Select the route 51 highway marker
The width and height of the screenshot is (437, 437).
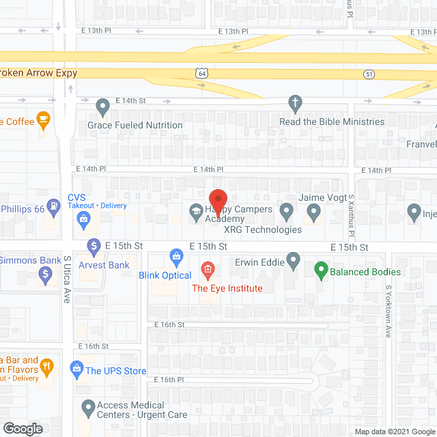(x=369, y=74)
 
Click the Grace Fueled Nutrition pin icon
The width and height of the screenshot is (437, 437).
(x=102, y=107)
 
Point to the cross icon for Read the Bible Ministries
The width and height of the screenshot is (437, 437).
(x=295, y=104)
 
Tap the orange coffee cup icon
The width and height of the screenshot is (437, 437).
(x=44, y=121)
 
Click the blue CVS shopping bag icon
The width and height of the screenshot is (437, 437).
(x=83, y=219)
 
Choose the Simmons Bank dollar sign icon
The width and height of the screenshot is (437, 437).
(x=46, y=275)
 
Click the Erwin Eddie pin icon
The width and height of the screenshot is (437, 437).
(x=294, y=259)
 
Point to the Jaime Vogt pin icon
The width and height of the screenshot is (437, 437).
(x=313, y=213)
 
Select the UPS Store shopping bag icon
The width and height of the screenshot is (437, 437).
(x=77, y=371)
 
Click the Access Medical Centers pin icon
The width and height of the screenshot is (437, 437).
(x=88, y=408)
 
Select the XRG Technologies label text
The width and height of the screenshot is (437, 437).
(x=263, y=229)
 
